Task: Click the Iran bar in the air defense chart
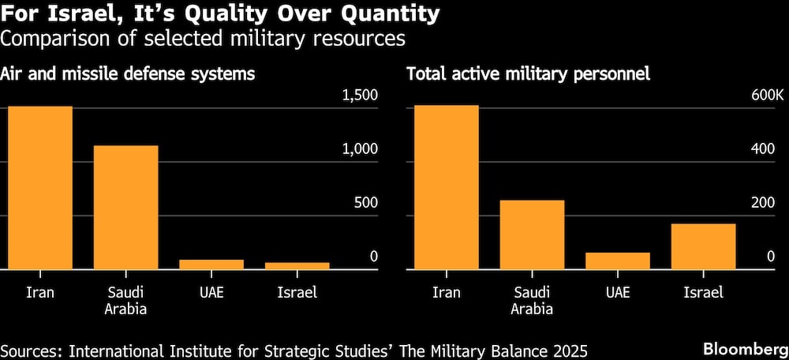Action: tap(39, 188)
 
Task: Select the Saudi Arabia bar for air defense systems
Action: tap(125, 208)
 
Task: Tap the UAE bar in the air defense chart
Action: tap(211, 264)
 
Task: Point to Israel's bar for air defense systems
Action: tap(297, 266)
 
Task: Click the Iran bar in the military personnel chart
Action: tap(446, 187)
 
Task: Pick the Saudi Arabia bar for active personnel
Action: tap(532, 235)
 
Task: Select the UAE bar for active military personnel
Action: tap(618, 261)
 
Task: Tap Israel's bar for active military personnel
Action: tap(704, 247)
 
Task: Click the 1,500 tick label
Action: tap(361, 96)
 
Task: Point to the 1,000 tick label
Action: tap(361, 149)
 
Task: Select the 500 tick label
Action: tap(365, 203)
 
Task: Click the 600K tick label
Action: tap(768, 96)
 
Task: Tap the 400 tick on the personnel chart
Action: tap(771, 149)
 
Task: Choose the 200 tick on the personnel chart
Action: tap(771, 203)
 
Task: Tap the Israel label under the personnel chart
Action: tap(704, 293)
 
